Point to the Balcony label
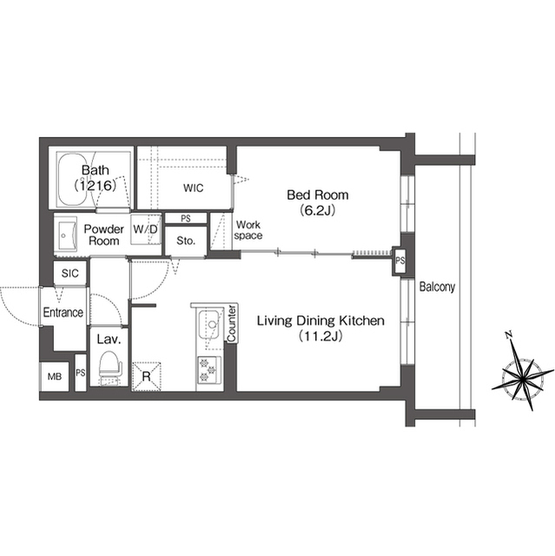[438, 286]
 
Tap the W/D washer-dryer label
[146, 229]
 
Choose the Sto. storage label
[185, 241]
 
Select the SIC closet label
[69, 274]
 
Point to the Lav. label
[108, 340]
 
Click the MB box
[54, 376]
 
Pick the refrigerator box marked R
[147, 376]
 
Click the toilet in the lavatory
[109, 367]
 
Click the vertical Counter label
[232, 324]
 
